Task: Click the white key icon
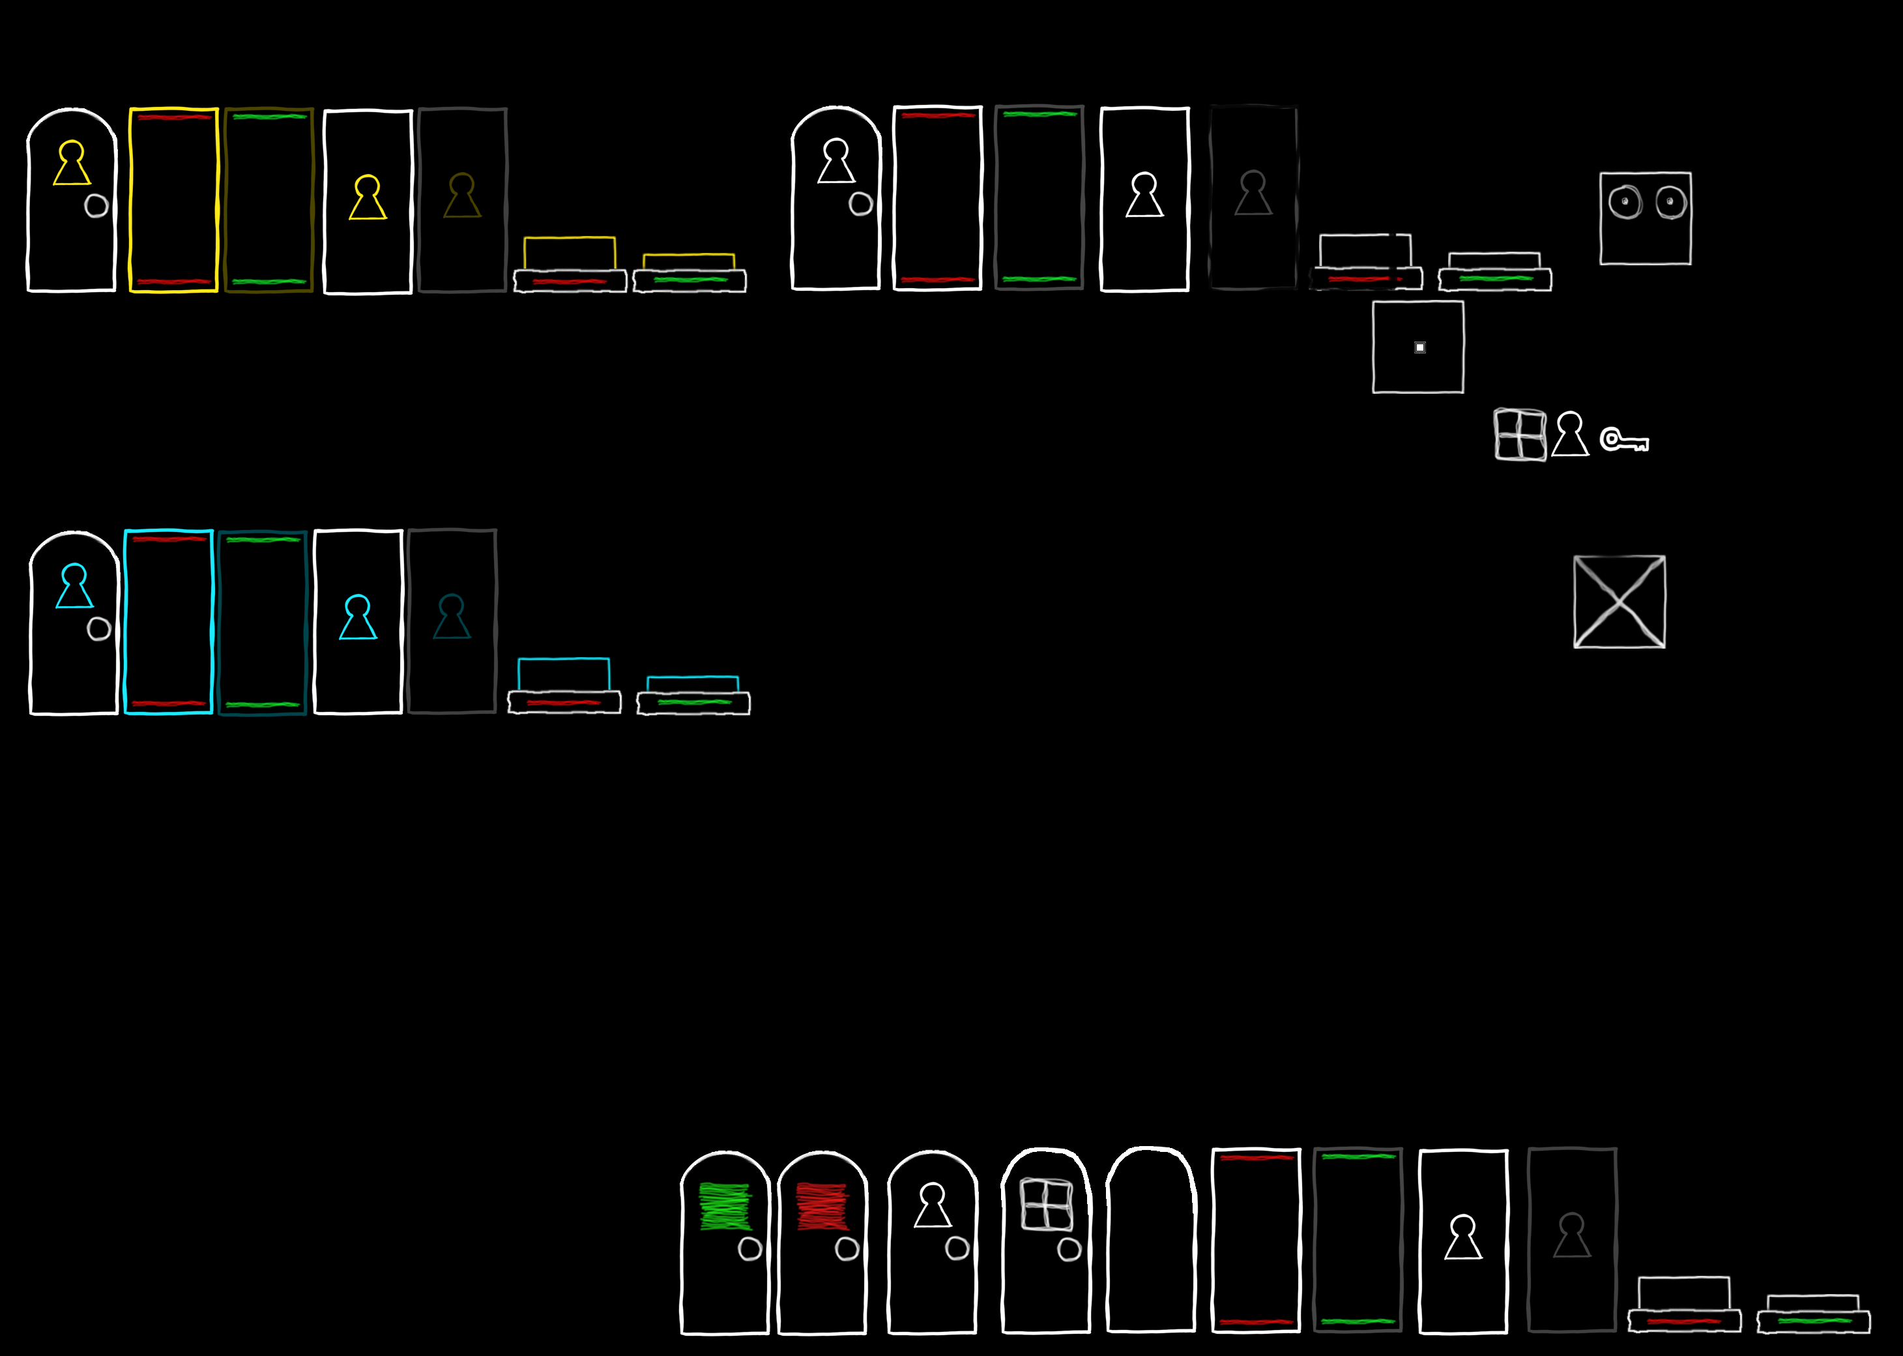click(x=1623, y=440)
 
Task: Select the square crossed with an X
click(x=1620, y=601)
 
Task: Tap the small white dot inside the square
click(x=1419, y=347)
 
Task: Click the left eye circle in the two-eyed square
click(x=1625, y=202)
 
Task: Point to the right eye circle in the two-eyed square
click(x=1671, y=202)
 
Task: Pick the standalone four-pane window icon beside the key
click(x=1520, y=434)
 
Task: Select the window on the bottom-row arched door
click(x=1047, y=1204)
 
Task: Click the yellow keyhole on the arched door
click(x=72, y=164)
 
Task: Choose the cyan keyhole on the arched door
click(x=74, y=586)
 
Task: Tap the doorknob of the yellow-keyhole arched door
click(x=97, y=205)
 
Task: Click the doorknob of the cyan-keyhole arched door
click(x=99, y=628)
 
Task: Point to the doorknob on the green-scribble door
click(x=750, y=1248)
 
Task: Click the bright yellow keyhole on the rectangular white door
click(x=368, y=198)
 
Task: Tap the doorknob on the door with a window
click(x=1069, y=1249)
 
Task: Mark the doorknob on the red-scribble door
click(x=847, y=1248)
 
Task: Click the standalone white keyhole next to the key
click(x=1570, y=434)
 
